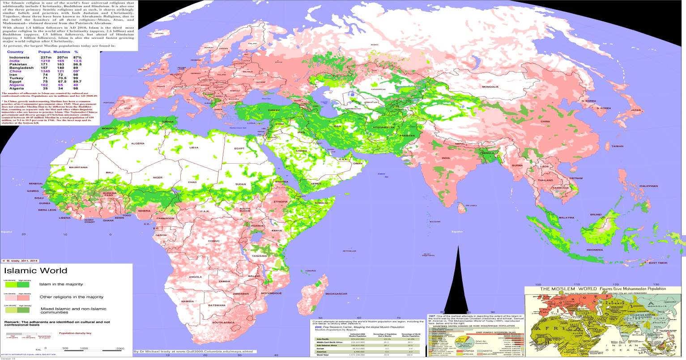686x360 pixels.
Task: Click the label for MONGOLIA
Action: tap(490, 86)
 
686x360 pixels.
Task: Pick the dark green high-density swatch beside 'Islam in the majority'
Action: tap(23, 284)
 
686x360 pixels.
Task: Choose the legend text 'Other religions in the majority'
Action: tap(72, 296)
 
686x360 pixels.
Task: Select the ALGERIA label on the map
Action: tap(138, 143)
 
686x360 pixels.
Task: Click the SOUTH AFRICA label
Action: tap(224, 322)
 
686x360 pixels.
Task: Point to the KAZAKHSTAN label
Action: tap(378, 89)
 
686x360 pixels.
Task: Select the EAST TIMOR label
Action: tap(659, 263)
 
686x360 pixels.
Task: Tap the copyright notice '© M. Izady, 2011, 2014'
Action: tap(21, 260)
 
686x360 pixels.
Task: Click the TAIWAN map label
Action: tap(617, 146)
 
